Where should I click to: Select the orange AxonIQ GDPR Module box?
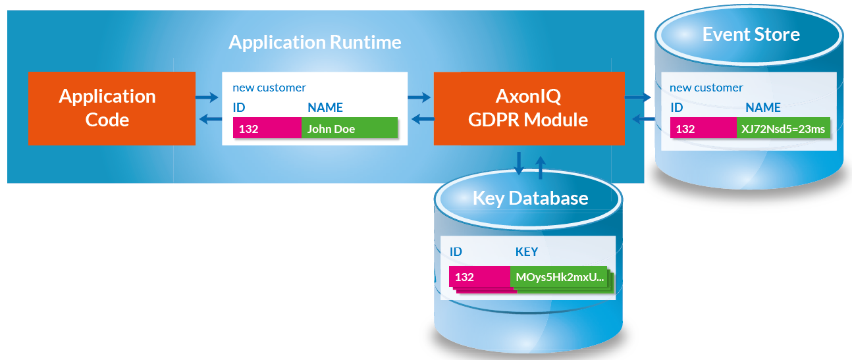coord(529,108)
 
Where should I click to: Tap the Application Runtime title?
coord(315,43)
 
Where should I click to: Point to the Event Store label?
coord(751,34)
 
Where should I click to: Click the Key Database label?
coord(530,198)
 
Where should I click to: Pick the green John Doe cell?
coord(349,128)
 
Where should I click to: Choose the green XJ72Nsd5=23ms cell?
coord(782,128)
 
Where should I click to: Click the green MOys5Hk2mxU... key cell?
coord(560,277)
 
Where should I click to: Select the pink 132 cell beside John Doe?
coord(267,128)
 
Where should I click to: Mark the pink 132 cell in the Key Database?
coord(479,277)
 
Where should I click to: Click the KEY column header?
coord(526,252)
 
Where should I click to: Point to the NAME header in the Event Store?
coord(762,107)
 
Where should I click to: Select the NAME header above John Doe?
coord(325,107)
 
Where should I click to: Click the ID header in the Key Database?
coord(456,252)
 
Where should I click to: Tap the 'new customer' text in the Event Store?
coord(706,88)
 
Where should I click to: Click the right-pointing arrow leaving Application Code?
coord(207,97)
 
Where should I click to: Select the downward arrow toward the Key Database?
coord(519,163)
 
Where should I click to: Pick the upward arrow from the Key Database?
coord(541,167)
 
